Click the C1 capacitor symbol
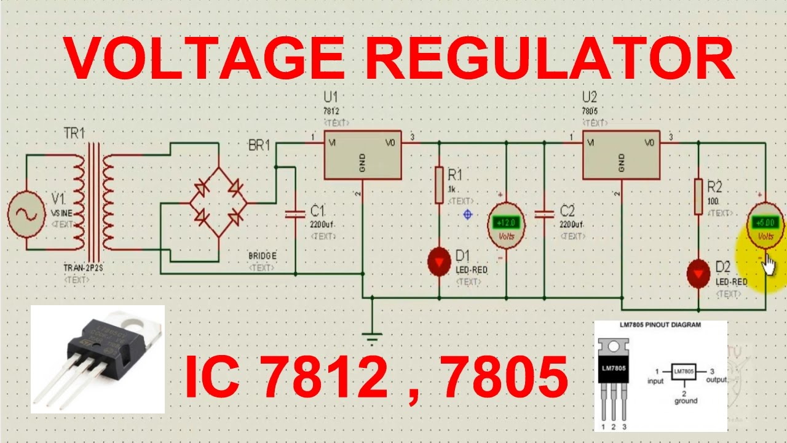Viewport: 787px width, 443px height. point(296,214)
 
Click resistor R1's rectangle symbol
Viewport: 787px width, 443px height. point(439,184)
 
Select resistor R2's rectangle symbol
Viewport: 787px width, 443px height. point(698,197)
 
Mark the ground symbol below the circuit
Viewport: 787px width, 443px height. point(372,336)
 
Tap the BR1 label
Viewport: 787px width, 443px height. point(259,146)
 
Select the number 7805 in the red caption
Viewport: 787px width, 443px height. point(505,378)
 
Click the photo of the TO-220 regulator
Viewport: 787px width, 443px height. point(97,359)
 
